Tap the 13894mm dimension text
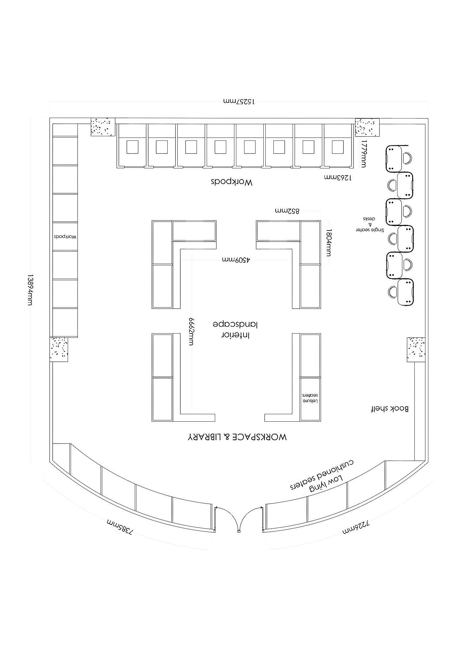(30, 289)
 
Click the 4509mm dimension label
(236, 260)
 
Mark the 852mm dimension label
(287, 211)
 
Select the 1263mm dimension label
(338, 178)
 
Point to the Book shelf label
(390, 409)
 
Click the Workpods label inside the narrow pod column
(65, 237)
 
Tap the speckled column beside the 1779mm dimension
(367, 127)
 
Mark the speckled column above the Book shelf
(416, 349)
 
